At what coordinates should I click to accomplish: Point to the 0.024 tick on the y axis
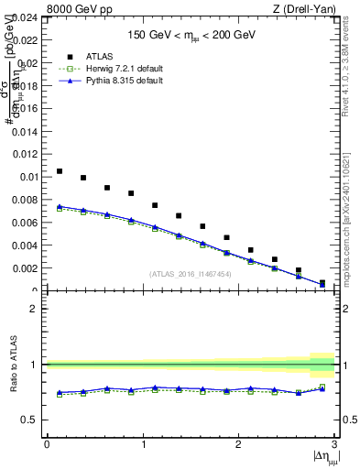coord(26,16)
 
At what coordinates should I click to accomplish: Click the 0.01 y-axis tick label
coord(28,177)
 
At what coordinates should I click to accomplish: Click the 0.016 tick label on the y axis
coord(26,108)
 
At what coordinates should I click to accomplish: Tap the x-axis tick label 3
coord(334,443)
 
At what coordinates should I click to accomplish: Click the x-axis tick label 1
coord(143,443)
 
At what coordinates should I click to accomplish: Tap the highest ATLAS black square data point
coord(60,171)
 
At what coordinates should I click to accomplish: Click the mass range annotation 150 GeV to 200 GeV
coord(191,36)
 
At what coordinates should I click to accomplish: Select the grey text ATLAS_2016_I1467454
coord(191,274)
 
